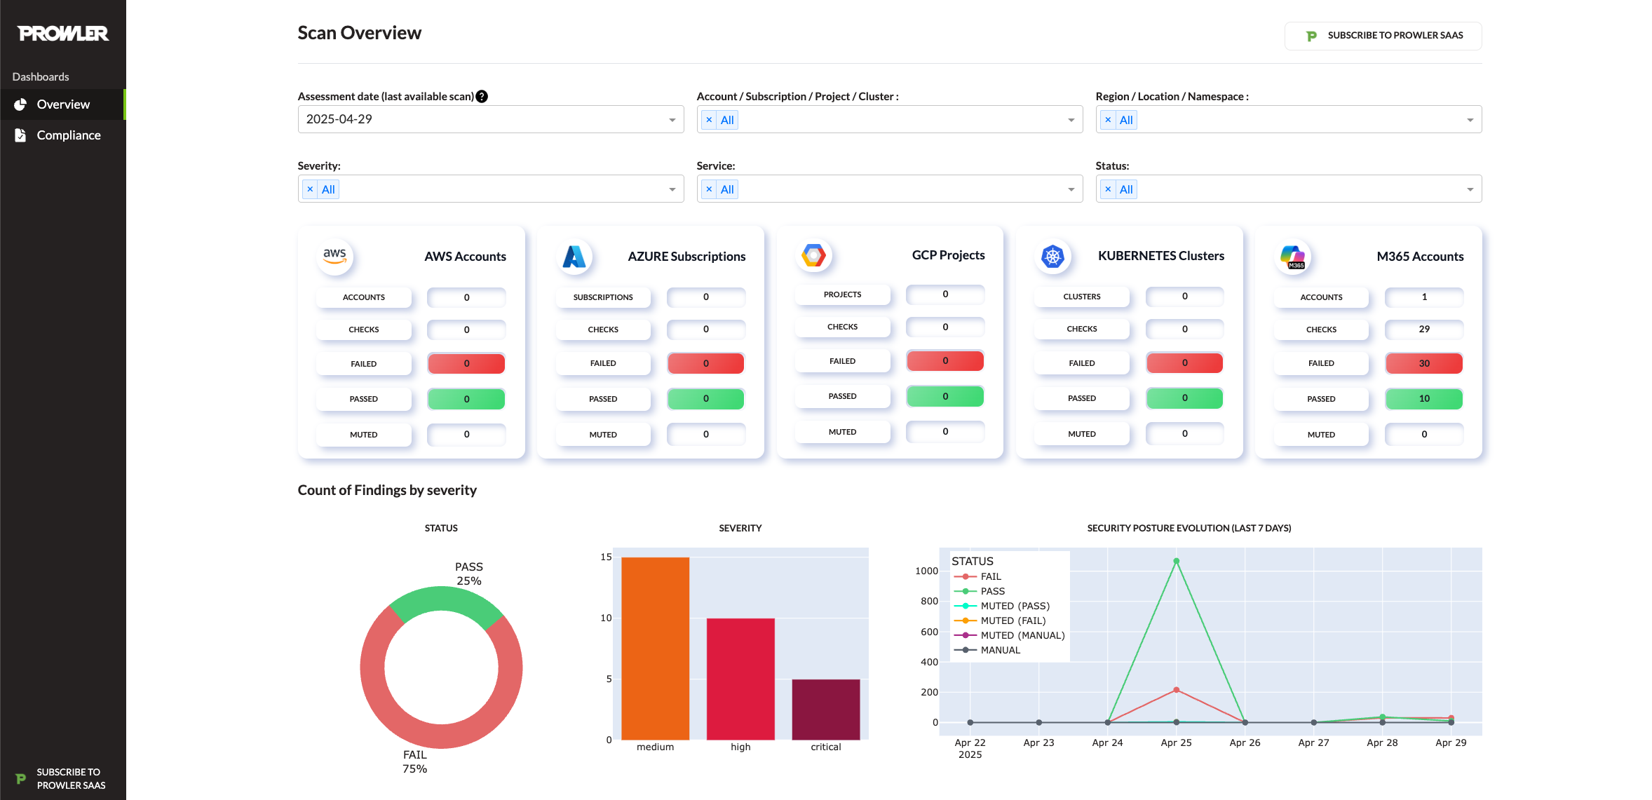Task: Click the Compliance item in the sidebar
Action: [x=68, y=135]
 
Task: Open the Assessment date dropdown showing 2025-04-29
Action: [x=490, y=119]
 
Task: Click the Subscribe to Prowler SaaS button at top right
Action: [x=1383, y=36]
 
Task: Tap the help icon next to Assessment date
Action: [x=482, y=97]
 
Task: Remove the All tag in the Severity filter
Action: [x=310, y=189]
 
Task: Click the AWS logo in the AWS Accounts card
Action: [x=334, y=257]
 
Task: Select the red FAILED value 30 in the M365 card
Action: [x=1423, y=363]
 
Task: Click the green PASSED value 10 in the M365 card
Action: [x=1423, y=398]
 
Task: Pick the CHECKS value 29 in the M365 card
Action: [x=1423, y=329]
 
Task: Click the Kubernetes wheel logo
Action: [x=1052, y=257]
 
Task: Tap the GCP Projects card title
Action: [x=948, y=255]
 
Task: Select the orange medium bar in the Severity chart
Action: [x=655, y=648]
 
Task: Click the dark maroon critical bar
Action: [x=825, y=709]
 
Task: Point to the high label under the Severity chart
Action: [x=740, y=747]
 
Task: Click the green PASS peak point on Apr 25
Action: [x=1176, y=561]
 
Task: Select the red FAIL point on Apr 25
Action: [x=1176, y=690]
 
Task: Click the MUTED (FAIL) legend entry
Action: [x=1012, y=621]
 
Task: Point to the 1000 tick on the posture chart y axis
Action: [x=926, y=571]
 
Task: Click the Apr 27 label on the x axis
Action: [x=1313, y=743]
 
